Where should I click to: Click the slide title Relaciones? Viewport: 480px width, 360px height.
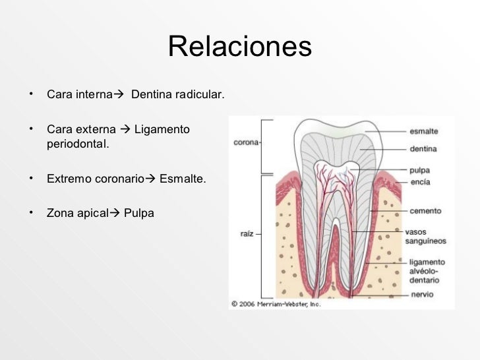pyautogui.click(x=239, y=47)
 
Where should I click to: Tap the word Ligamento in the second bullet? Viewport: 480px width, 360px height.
pyautogui.click(x=162, y=129)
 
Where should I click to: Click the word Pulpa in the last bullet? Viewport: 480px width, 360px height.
pyautogui.click(x=139, y=213)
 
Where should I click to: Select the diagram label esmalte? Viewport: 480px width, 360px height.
pyautogui.click(x=423, y=131)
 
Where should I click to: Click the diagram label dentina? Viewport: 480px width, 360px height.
pyautogui.click(x=423, y=149)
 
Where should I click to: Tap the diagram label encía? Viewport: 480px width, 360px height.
pyautogui.click(x=420, y=181)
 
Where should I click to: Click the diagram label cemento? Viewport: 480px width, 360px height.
pyautogui.click(x=425, y=211)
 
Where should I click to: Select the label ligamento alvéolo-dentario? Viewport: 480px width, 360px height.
pyautogui.click(x=427, y=271)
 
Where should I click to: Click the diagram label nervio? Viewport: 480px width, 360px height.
pyautogui.click(x=422, y=294)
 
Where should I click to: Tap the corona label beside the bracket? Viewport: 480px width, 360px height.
pyautogui.click(x=247, y=142)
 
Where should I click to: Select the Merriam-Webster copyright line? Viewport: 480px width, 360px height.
pyautogui.click(x=275, y=304)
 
